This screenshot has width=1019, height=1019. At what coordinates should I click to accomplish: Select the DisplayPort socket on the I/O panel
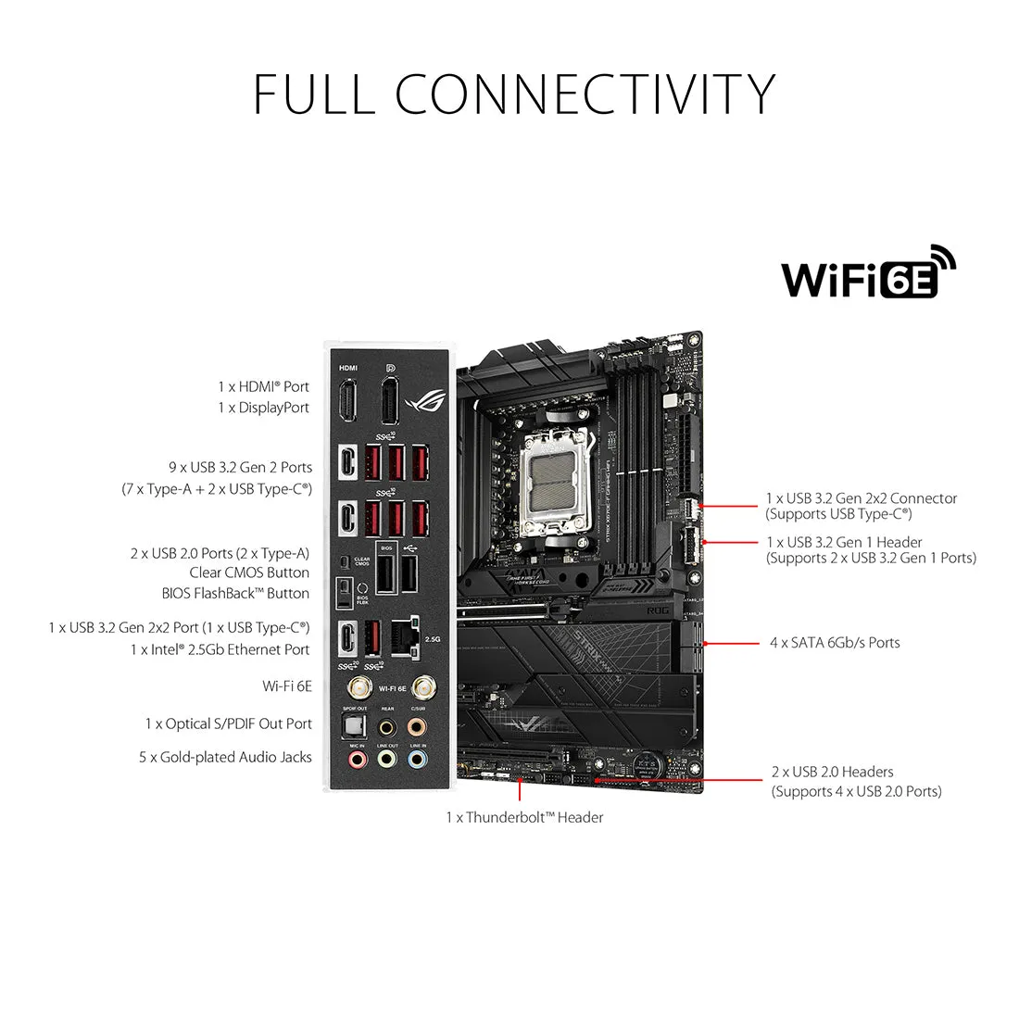click(x=390, y=401)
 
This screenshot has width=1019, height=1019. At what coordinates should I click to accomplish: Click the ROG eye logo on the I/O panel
click(x=429, y=397)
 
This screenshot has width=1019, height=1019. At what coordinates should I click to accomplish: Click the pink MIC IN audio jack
click(x=357, y=760)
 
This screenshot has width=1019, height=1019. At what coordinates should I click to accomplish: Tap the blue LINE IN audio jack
click(x=418, y=760)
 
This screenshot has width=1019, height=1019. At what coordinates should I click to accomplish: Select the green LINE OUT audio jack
click(x=387, y=760)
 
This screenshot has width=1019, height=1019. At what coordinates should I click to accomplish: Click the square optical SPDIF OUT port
click(x=356, y=725)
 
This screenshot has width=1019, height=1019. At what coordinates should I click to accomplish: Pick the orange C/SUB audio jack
click(x=418, y=725)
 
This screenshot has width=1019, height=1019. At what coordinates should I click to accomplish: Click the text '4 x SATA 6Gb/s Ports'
click(x=834, y=643)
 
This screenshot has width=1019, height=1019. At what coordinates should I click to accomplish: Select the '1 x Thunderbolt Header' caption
click(x=524, y=817)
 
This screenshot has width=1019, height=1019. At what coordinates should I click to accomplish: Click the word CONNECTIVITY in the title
click(x=585, y=94)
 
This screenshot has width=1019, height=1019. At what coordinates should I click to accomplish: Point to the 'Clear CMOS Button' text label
click(x=249, y=572)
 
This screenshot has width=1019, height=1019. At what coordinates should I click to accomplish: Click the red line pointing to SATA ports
click(x=732, y=643)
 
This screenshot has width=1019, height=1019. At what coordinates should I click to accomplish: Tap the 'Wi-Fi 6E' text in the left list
click(x=287, y=686)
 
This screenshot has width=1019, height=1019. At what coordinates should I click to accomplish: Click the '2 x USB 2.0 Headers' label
click(x=832, y=772)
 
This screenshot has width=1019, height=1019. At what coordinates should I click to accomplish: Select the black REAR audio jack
click(x=387, y=725)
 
